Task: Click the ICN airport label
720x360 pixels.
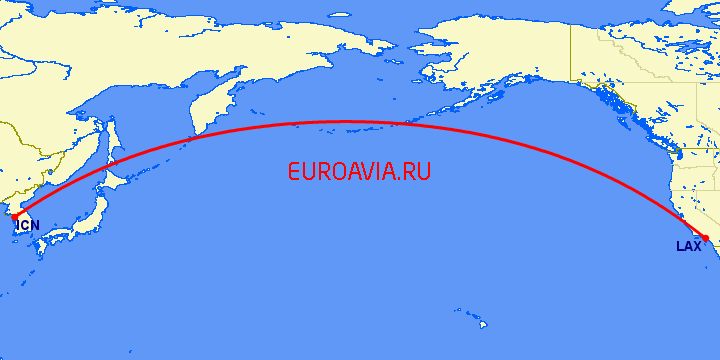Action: (28, 225)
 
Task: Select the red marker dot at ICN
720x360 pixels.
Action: (14, 216)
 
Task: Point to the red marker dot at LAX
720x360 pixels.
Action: (705, 238)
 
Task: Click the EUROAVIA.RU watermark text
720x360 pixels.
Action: (359, 172)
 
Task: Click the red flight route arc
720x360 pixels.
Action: (345, 122)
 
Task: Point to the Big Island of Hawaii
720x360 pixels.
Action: (485, 325)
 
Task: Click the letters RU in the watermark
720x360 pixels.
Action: (418, 172)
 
